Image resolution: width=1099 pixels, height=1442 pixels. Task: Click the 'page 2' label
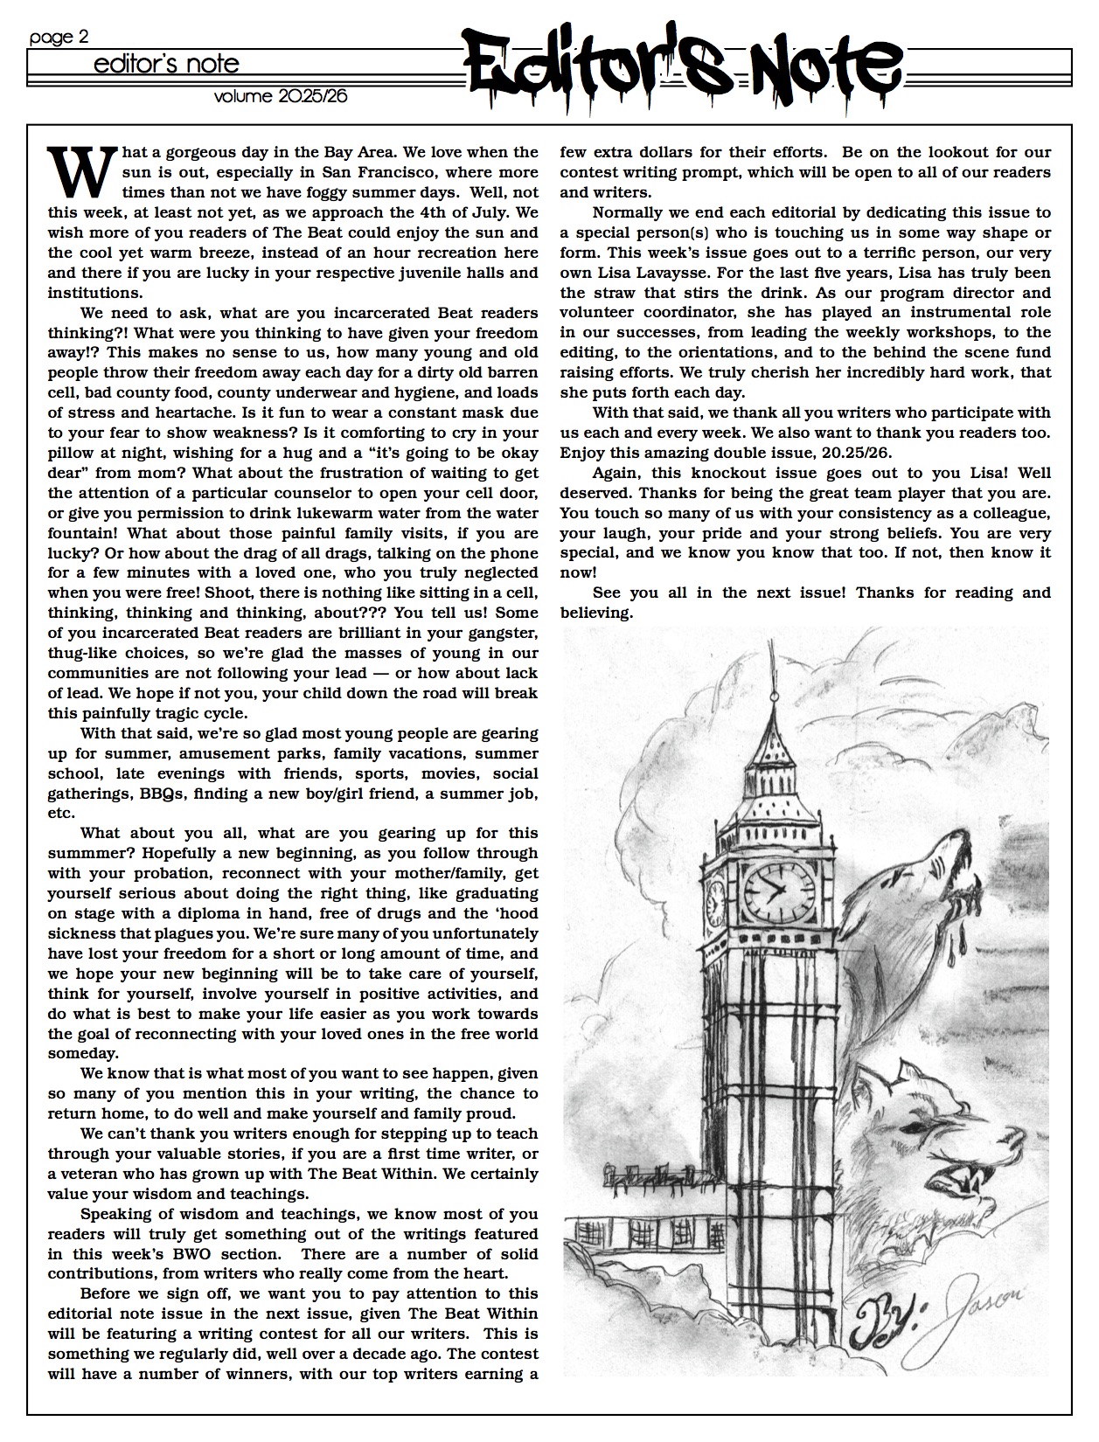(x=59, y=37)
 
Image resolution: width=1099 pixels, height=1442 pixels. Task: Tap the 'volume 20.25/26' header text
(x=280, y=96)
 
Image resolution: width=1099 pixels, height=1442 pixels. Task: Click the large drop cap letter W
(x=81, y=171)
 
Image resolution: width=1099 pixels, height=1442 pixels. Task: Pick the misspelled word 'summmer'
(x=85, y=854)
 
